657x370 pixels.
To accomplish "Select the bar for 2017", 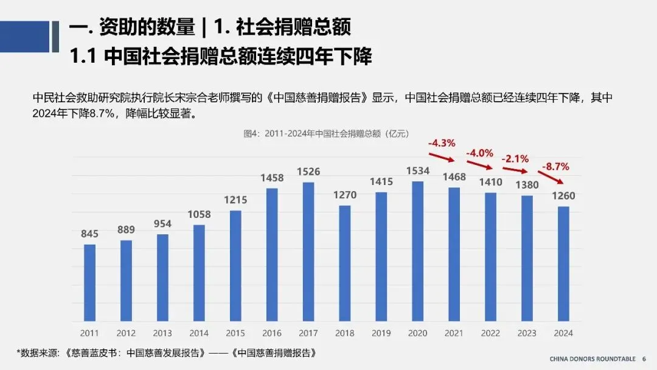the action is coord(308,252).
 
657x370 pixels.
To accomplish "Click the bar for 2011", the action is coord(89,283).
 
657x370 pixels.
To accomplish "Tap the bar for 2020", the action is coord(418,251).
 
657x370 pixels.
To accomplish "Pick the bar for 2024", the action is coord(563,264).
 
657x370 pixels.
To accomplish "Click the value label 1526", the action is coord(308,172).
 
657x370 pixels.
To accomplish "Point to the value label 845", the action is coord(89,234).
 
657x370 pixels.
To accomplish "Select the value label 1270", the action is coord(345,195).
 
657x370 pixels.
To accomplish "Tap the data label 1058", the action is coord(199,215).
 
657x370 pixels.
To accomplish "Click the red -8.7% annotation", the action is coord(555,167).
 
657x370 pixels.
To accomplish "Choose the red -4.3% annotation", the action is coord(442,143).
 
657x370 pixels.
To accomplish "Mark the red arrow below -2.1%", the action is coord(515,170).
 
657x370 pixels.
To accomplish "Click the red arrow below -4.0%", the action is coord(479,165).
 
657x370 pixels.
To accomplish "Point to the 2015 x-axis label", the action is coord(235,333).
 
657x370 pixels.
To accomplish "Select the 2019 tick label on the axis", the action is coord(381,333).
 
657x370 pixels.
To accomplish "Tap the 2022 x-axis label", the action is coord(491,333).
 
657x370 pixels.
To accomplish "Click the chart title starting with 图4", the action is coord(327,134).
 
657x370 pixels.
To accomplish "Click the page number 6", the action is coord(644,359).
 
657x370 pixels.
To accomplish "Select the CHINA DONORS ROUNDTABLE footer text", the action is coord(593,359).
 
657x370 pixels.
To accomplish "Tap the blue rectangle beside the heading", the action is coord(25,37).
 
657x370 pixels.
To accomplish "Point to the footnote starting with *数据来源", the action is coord(166,353).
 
